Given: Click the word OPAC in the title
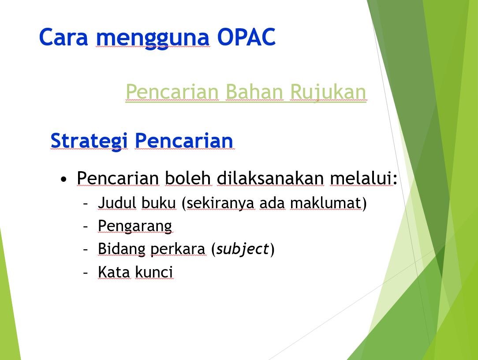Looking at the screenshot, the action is [x=246, y=37].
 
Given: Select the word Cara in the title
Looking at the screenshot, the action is [x=63, y=37].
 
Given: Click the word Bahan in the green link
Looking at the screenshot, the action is [x=254, y=91].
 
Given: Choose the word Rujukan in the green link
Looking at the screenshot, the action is [x=328, y=92].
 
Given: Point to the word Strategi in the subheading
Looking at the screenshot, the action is [x=89, y=141].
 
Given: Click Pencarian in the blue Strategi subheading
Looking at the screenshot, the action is [x=184, y=140].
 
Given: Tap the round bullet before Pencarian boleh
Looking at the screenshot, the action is [x=63, y=179].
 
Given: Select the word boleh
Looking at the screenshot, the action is [x=188, y=178].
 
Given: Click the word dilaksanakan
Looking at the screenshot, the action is [x=270, y=178].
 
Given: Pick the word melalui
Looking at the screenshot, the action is [x=361, y=178].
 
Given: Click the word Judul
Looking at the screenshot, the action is [x=117, y=202].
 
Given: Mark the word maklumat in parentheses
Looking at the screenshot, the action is [x=325, y=202].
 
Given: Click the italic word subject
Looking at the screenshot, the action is [x=243, y=249].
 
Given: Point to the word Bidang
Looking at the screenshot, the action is [x=122, y=249].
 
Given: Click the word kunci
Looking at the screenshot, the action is [x=154, y=272].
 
